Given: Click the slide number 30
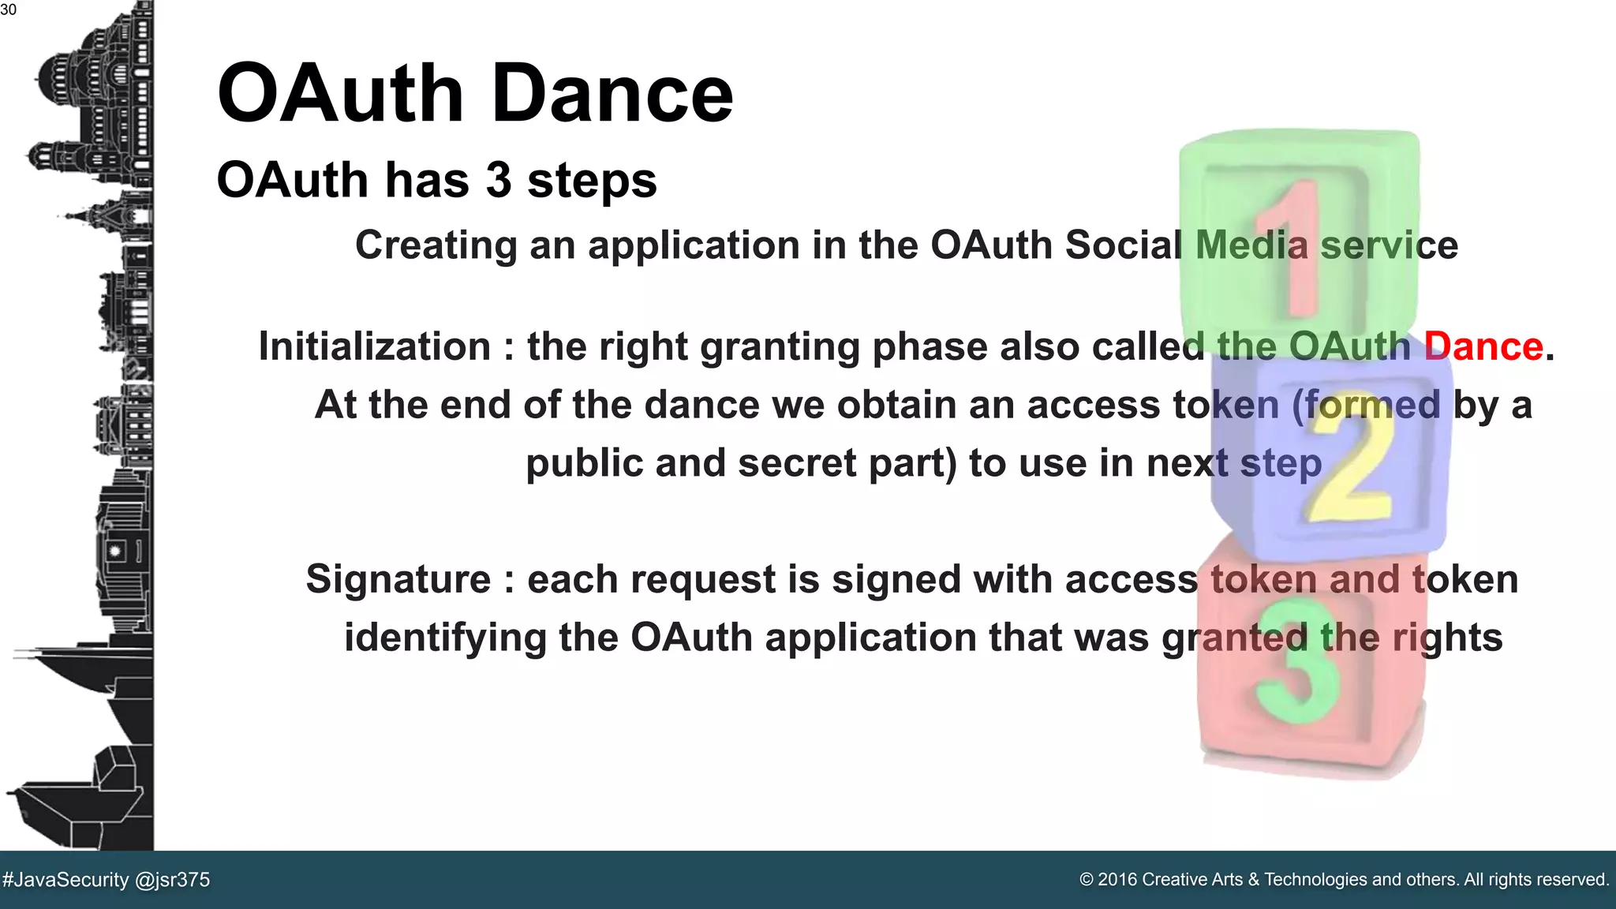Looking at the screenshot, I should [x=8, y=10].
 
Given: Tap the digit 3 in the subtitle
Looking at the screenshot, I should [x=498, y=180].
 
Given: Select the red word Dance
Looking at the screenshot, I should [x=1483, y=346].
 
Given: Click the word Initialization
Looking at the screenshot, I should [x=375, y=346].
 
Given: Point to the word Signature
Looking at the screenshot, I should [x=398, y=579].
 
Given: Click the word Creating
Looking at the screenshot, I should [x=436, y=245].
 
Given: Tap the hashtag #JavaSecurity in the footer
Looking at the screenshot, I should [x=66, y=880].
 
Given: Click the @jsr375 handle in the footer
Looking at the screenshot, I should [x=173, y=880].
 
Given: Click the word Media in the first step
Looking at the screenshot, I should [x=1251, y=245].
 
